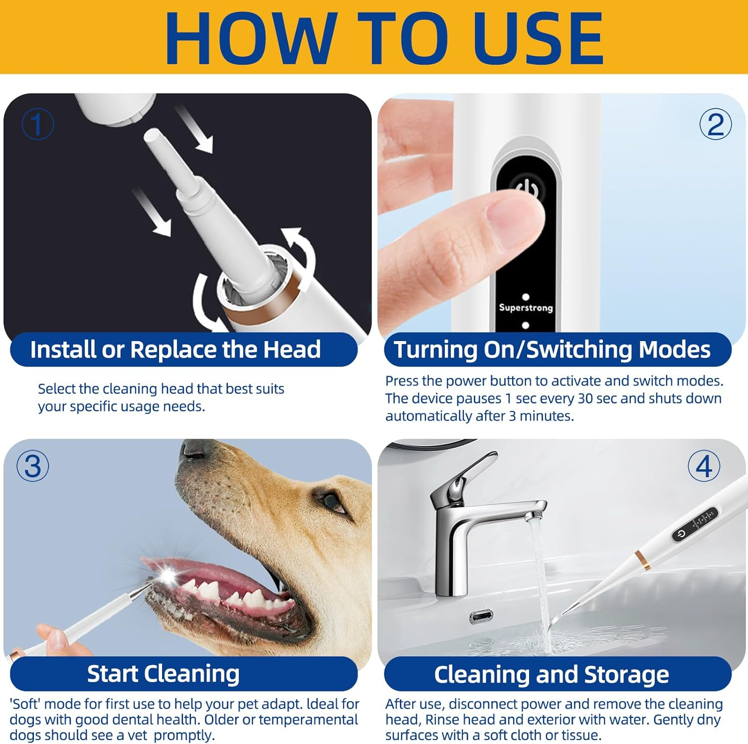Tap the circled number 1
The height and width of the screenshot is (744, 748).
(37, 124)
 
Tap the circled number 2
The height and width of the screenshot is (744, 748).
(715, 124)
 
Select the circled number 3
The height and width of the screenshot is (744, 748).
(33, 466)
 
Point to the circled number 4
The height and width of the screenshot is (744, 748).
(704, 466)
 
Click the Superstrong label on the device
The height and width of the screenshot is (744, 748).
(526, 308)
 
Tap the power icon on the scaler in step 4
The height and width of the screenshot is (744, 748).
(681, 534)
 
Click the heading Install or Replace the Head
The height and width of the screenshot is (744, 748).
(175, 350)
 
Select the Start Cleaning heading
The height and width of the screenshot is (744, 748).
(163, 674)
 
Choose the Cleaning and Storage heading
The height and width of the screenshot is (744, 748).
(551, 675)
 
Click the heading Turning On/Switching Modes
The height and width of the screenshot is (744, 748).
(552, 350)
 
